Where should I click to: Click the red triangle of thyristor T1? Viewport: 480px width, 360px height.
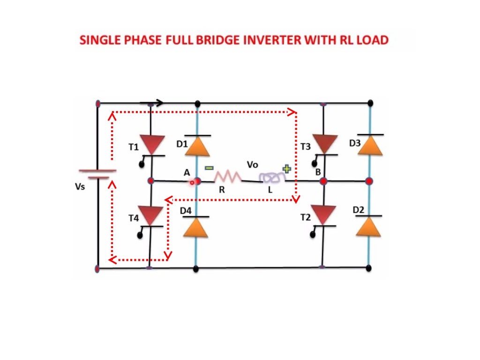[x=153, y=144]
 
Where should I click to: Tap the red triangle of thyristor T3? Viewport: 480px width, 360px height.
[x=325, y=143]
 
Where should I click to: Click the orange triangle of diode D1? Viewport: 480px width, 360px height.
[x=197, y=146]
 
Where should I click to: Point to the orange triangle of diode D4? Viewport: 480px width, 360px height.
[x=196, y=227]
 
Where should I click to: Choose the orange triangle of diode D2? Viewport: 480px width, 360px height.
[x=368, y=226]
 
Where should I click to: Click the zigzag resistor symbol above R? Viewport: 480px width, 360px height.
[x=228, y=177]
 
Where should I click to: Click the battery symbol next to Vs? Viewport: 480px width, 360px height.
[x=97, y=174]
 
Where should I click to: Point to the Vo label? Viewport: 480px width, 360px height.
[x=253, y=165]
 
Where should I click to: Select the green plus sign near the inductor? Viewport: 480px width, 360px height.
[x=286, y=169]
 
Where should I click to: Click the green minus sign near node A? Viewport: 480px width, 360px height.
[x=209, y=168]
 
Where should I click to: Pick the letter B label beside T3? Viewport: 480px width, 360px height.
[x=318, y=172]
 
